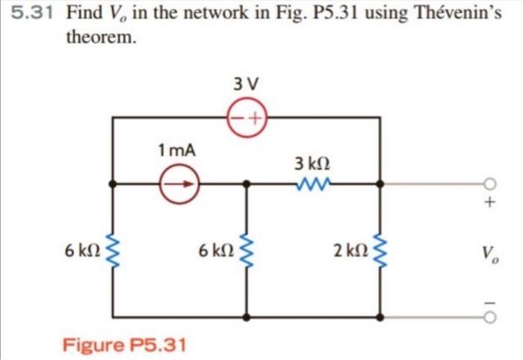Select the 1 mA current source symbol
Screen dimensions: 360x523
pos(179,182)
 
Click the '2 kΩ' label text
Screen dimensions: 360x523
pos(351,252)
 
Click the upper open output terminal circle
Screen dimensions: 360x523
pos(490,183)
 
